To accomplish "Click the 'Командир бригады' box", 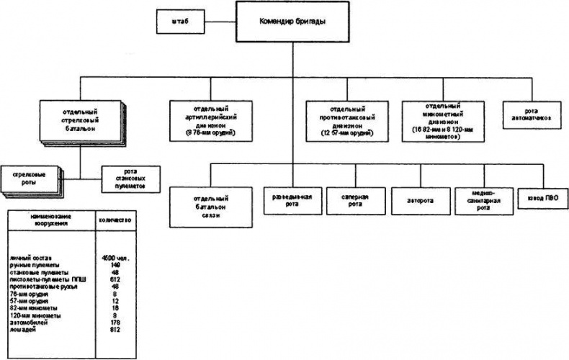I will click(x=292, y=22).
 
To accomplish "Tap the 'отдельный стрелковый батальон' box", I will click(x=80, y=119).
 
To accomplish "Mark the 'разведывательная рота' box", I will click(x=292, y=197).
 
